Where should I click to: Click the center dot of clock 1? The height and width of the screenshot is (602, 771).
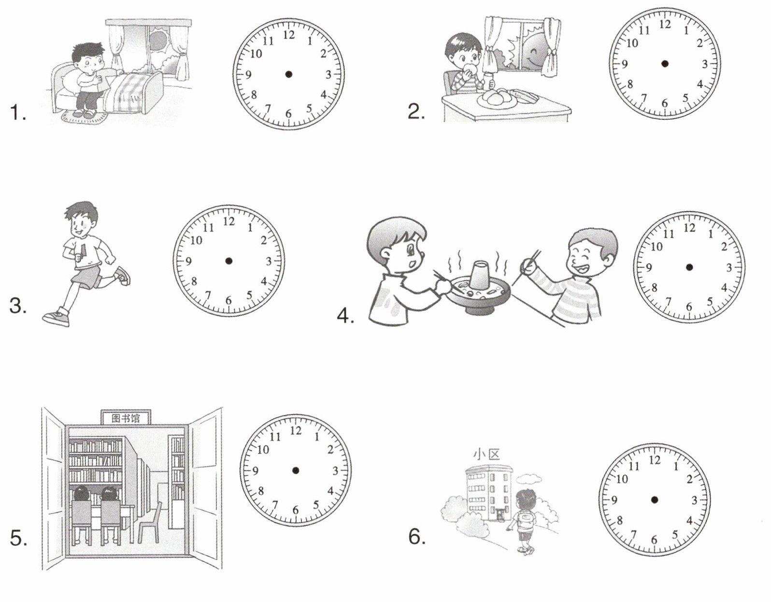tap(289, 74)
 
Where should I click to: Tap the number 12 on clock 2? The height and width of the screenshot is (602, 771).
tap(665, 25)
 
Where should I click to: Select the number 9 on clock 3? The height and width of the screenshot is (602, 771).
tap(188, 262)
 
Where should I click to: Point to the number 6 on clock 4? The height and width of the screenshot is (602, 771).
tap(689, 307)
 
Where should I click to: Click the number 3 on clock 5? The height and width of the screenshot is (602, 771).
tap(335, 471)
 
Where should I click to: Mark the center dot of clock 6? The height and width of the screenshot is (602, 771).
tap(655, 500)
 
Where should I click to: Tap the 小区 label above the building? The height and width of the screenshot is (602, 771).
tap(487, 455)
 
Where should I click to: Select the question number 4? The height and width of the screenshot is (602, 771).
tap(345, 316)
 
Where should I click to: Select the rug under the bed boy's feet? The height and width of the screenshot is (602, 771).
tap(84, 116)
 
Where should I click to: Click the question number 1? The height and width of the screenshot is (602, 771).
tap(18, 113)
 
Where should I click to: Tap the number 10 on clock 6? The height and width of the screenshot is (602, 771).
tap(621, 480)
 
